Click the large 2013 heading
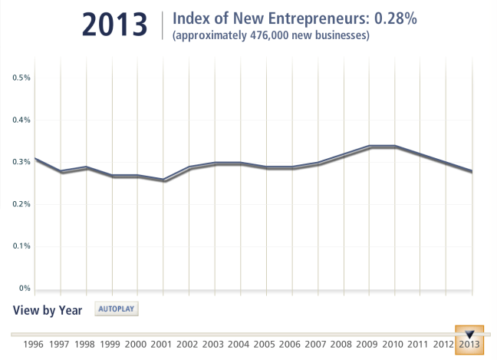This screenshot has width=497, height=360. (114, 25)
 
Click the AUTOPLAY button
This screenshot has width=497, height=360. (117, 309)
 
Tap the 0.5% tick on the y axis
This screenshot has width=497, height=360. (21, 78)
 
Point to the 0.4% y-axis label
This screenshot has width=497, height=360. (21, 120)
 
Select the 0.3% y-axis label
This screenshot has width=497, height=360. (21, 162)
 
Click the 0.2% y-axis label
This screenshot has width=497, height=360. (21, 204)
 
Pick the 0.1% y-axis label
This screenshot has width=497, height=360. (21, 246)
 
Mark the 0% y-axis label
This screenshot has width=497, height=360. (25, 289)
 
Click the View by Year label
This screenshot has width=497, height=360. (48, 310)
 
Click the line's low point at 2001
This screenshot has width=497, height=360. (163, 180)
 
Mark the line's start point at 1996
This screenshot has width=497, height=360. (35, 159)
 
